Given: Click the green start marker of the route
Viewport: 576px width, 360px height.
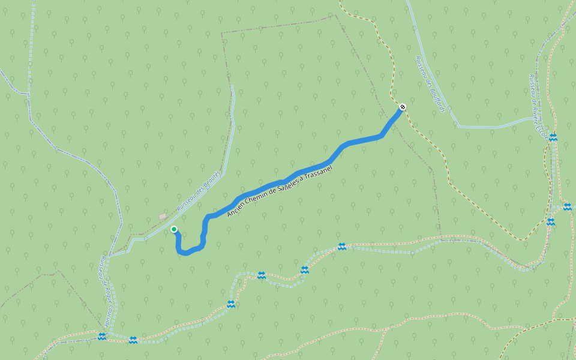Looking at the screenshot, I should pyautogui.click(x=174, y=229).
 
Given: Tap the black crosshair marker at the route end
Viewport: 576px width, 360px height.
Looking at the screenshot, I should pyautogui.click(x=403, y=107).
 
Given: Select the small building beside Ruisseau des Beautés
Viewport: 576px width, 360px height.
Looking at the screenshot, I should pyautogui.click(x=162, y=216).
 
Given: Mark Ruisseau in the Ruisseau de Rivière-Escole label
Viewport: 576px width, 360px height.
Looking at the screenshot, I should pyautogui.click(x=531, y=86).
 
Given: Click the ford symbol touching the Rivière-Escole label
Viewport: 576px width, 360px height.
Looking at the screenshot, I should pyautogui.click(x=553, y=137).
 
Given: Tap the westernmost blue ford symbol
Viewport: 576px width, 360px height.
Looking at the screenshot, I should pyautogui.click(x=102, y=337).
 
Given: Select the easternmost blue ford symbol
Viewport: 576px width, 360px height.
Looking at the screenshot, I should pyautogui.click(x=567, y=207).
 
